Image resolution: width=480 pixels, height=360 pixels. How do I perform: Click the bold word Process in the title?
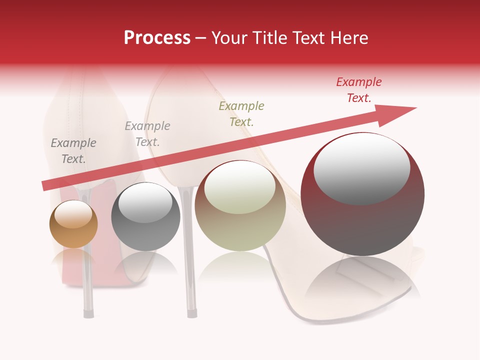pyautogui.click(x=157, y=38)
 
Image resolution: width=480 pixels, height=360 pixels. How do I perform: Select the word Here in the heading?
pyautogui.click(x=348, y=38)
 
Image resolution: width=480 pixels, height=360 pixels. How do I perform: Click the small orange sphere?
pyautogui.click(x=73, y=224)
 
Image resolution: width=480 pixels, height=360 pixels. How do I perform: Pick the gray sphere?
pyautogui.click(x=145, y=217)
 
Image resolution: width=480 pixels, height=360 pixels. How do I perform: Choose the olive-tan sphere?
pyautogui.click(x=240, y=205)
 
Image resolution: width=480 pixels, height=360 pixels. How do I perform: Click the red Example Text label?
pyautogui.click(x=359, y=90)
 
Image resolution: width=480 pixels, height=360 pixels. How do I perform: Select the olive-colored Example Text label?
pyautogui.click(x=241, y=113)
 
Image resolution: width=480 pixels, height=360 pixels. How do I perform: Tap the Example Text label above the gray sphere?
pyautogui.click(x=147, y=133)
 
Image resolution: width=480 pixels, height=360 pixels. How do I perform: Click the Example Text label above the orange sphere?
pyautogui.click(x=73, y=150)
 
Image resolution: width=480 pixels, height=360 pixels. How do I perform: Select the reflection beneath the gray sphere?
pyautogui.click(x=145, y=262)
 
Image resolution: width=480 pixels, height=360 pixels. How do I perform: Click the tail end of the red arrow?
pyautogui.click(x=45, y=185)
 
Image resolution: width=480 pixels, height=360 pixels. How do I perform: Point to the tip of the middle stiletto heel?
pyautogui.click(x=191, y=313)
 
